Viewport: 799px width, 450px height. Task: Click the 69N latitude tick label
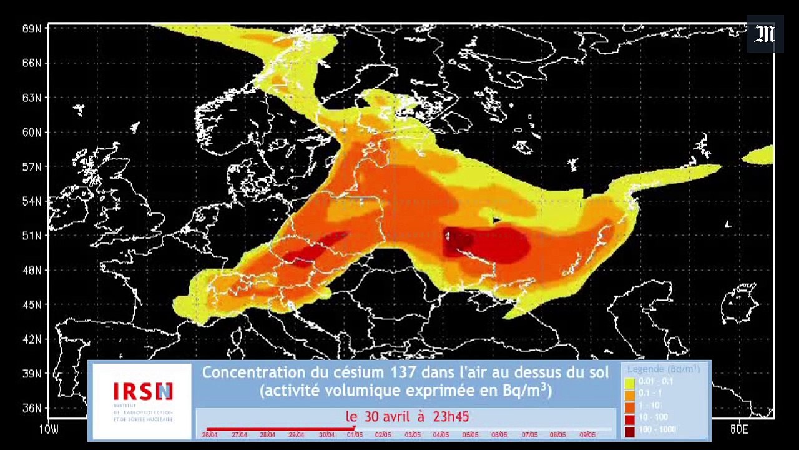31,29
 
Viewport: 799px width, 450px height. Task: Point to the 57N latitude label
31,167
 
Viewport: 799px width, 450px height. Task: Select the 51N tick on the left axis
31,236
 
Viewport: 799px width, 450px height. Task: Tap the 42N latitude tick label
31,339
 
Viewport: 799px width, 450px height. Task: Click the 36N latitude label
31,409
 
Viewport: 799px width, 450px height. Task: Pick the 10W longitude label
49,429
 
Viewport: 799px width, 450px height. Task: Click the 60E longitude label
738,429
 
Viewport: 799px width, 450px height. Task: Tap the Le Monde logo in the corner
765,34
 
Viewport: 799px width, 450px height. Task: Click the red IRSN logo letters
142,392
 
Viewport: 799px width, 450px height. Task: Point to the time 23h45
450,416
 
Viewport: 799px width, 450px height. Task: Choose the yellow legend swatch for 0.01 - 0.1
630,381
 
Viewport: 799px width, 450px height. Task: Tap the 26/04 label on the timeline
209,435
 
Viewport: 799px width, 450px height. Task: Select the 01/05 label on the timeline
355,435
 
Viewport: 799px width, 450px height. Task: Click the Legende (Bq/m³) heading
664,369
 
